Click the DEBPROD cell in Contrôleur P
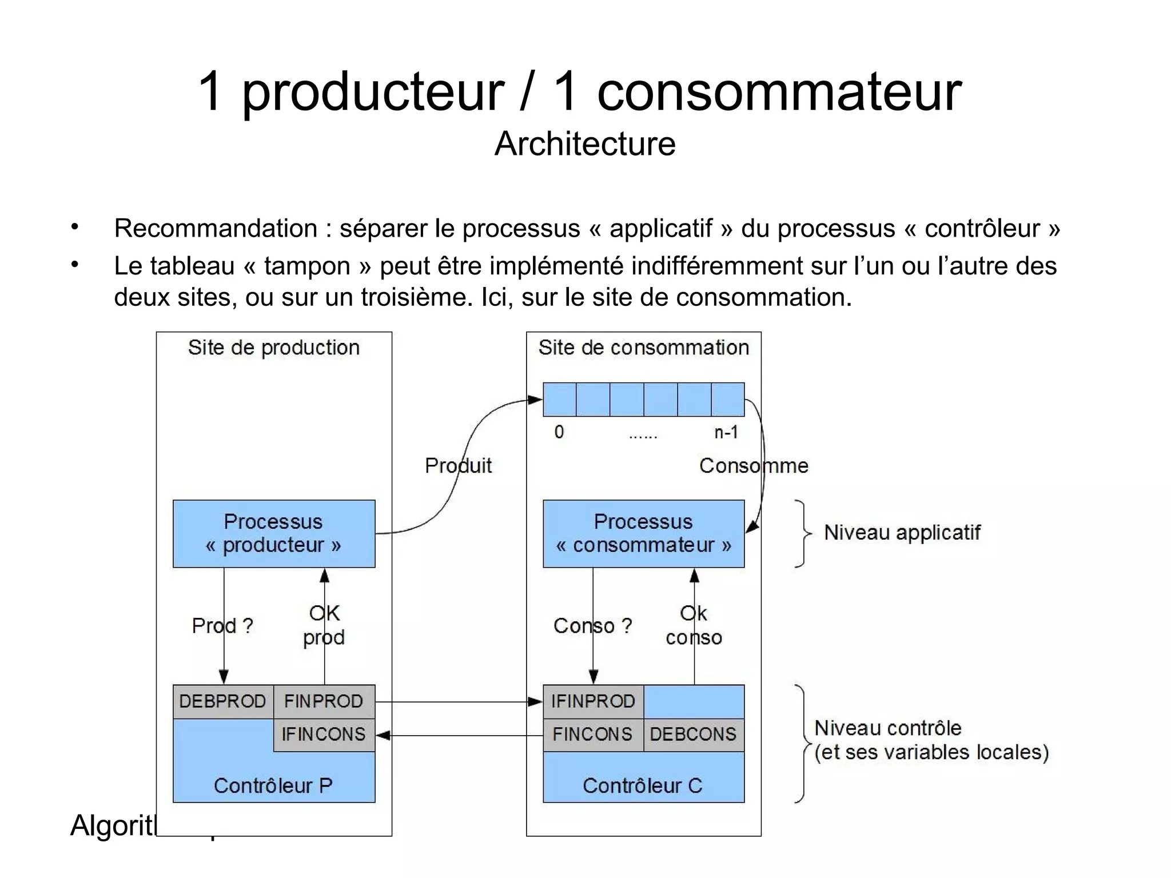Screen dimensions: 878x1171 pyautogui.click(x=223, y=701)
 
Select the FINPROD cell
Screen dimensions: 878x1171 pyautogui.click(x=324, y=701)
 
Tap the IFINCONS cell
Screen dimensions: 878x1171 pyautogui.click(x=324, y=735)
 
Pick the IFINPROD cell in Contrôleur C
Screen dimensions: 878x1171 pyautogui.click(x=593, y=701)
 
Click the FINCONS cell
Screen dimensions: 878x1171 pyautogui.click(x=593, y=735)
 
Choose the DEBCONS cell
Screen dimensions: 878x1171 pyautogui.click(x=694, y=735)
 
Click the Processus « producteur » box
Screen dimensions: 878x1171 pyautogui.click(x=274, y=533)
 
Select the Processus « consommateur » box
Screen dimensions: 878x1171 pyautogui.click(x=643, y=533)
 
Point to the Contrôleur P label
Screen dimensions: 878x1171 pyautogui.click(x=273, y=786)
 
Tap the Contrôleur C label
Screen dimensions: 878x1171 pyautogui.click(x=643, y=786)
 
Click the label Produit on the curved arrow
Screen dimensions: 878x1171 pyautogui.click(x=458, y=466)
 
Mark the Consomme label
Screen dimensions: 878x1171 pyautogui.click(x=754, y=466)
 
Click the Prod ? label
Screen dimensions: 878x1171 pyautogui.click(x=222, y=626)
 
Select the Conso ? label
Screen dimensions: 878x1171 pyautogui.click(x=592, y=626)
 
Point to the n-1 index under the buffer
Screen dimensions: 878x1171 pyautogui.click(x=726, y=433)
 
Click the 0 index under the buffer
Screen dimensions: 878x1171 pyautogui.click(x=559, y=433)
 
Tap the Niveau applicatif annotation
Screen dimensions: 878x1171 pyautogui.click(x=902, y=533)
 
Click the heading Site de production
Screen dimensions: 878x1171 pyautogui.click(x=274, y=348)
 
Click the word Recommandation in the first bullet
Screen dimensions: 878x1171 pyautogui.click(x=216, y=229)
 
